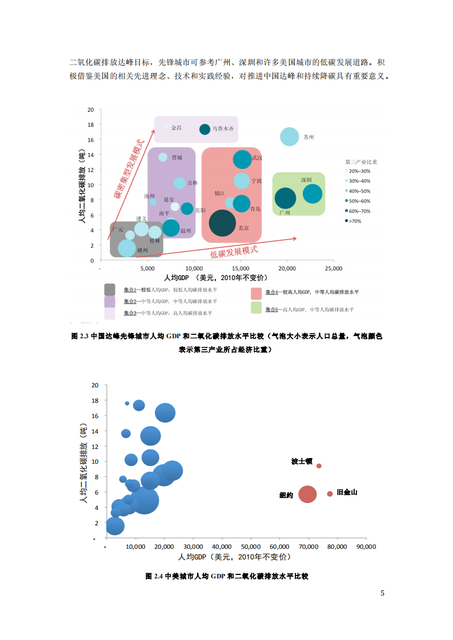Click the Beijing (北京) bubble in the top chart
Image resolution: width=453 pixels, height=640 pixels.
point(222,222)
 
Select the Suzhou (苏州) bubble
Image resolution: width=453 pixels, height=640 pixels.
point(290,137)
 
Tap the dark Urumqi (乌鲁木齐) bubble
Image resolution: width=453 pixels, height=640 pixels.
point(205,129)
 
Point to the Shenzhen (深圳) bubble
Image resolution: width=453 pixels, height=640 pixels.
point(312,194)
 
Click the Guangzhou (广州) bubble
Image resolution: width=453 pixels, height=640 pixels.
point(286,199)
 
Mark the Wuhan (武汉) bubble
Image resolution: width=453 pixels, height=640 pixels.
point(242,160)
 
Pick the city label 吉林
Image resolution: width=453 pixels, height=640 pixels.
point(193,183)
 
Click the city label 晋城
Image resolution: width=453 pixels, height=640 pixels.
point(177,157)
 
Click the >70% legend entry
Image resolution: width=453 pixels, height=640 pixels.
point(354,221)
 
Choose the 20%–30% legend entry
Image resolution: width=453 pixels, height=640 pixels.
point(359,171)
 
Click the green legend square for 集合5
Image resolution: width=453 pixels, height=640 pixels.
point(256,308)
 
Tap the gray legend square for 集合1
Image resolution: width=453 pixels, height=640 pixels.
point(110,290)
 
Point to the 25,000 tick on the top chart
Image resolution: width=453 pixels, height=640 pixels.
point(333,268)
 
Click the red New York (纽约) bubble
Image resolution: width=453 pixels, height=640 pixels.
point(307,494)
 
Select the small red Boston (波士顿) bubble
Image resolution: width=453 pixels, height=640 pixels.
point(319,466)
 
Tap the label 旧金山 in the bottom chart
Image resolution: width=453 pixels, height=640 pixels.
point(347,492)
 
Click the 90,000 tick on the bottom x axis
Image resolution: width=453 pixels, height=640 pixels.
point(366,546)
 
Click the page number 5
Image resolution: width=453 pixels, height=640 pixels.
point(383,593)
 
